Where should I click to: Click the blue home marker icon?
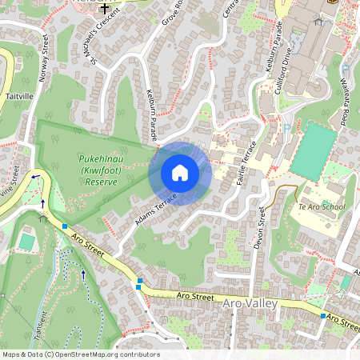point(180,173)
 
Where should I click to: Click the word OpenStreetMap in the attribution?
point(93,354)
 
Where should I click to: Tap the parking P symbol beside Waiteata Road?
point(345,70)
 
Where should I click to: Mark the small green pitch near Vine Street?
point(26,242)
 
